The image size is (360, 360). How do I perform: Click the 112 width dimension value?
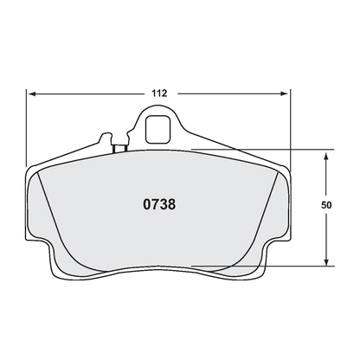158,93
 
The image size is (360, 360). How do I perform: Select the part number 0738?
158,207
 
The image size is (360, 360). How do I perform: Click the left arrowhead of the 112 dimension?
32,93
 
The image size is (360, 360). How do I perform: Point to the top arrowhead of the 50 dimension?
325,155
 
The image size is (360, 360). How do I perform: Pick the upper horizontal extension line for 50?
260,151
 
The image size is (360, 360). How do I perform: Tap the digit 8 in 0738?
172,207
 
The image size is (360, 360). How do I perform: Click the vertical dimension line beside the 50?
325,234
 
